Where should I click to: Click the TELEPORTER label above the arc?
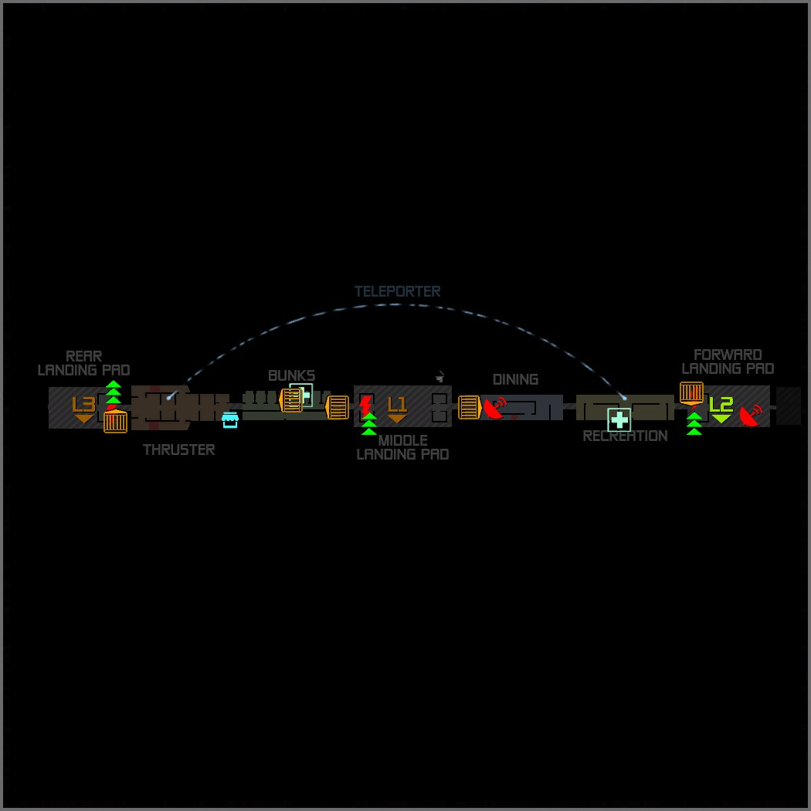click(x=397, y=291)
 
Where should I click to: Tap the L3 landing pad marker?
click(x=83, y=408)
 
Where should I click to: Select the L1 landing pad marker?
click(x=397, y=408)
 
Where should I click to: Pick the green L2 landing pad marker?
click(x=721, y=408)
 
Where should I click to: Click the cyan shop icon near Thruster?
click(x=229, y=420)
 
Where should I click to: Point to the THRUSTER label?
click(x=178, y=450)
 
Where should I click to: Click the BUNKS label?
click(x=291, y=375)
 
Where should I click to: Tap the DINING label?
click(x=515, y=379)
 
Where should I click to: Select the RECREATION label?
click(x=625, y=436)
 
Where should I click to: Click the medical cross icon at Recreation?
click(x=619, y=419)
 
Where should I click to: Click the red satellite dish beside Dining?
click(x=495, y=408)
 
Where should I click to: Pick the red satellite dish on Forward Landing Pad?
click(x=750, y=415)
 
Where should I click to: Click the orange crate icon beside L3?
click(x=115, y=422)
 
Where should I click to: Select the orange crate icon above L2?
click(x=691, y=392)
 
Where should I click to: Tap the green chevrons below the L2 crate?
click(x=694, y=423)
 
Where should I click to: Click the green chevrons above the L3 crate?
click(x=114, y=392)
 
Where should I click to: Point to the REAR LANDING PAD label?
click(x=83, y=363)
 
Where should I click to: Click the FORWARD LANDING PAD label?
click(x=728, y=361)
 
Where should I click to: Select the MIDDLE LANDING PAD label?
click(x=402, y=447)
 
